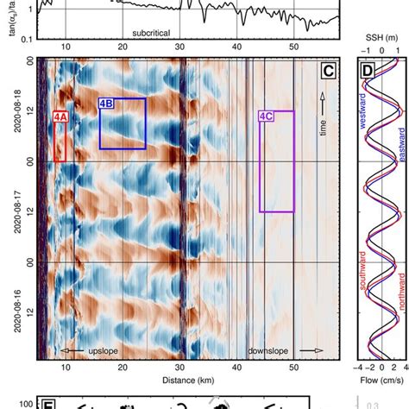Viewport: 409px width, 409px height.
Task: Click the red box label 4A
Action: [x=59, y=115]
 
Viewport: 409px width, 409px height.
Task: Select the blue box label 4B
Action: [x=107, y=104]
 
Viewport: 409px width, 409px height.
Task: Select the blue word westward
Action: [x=363, y=137]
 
